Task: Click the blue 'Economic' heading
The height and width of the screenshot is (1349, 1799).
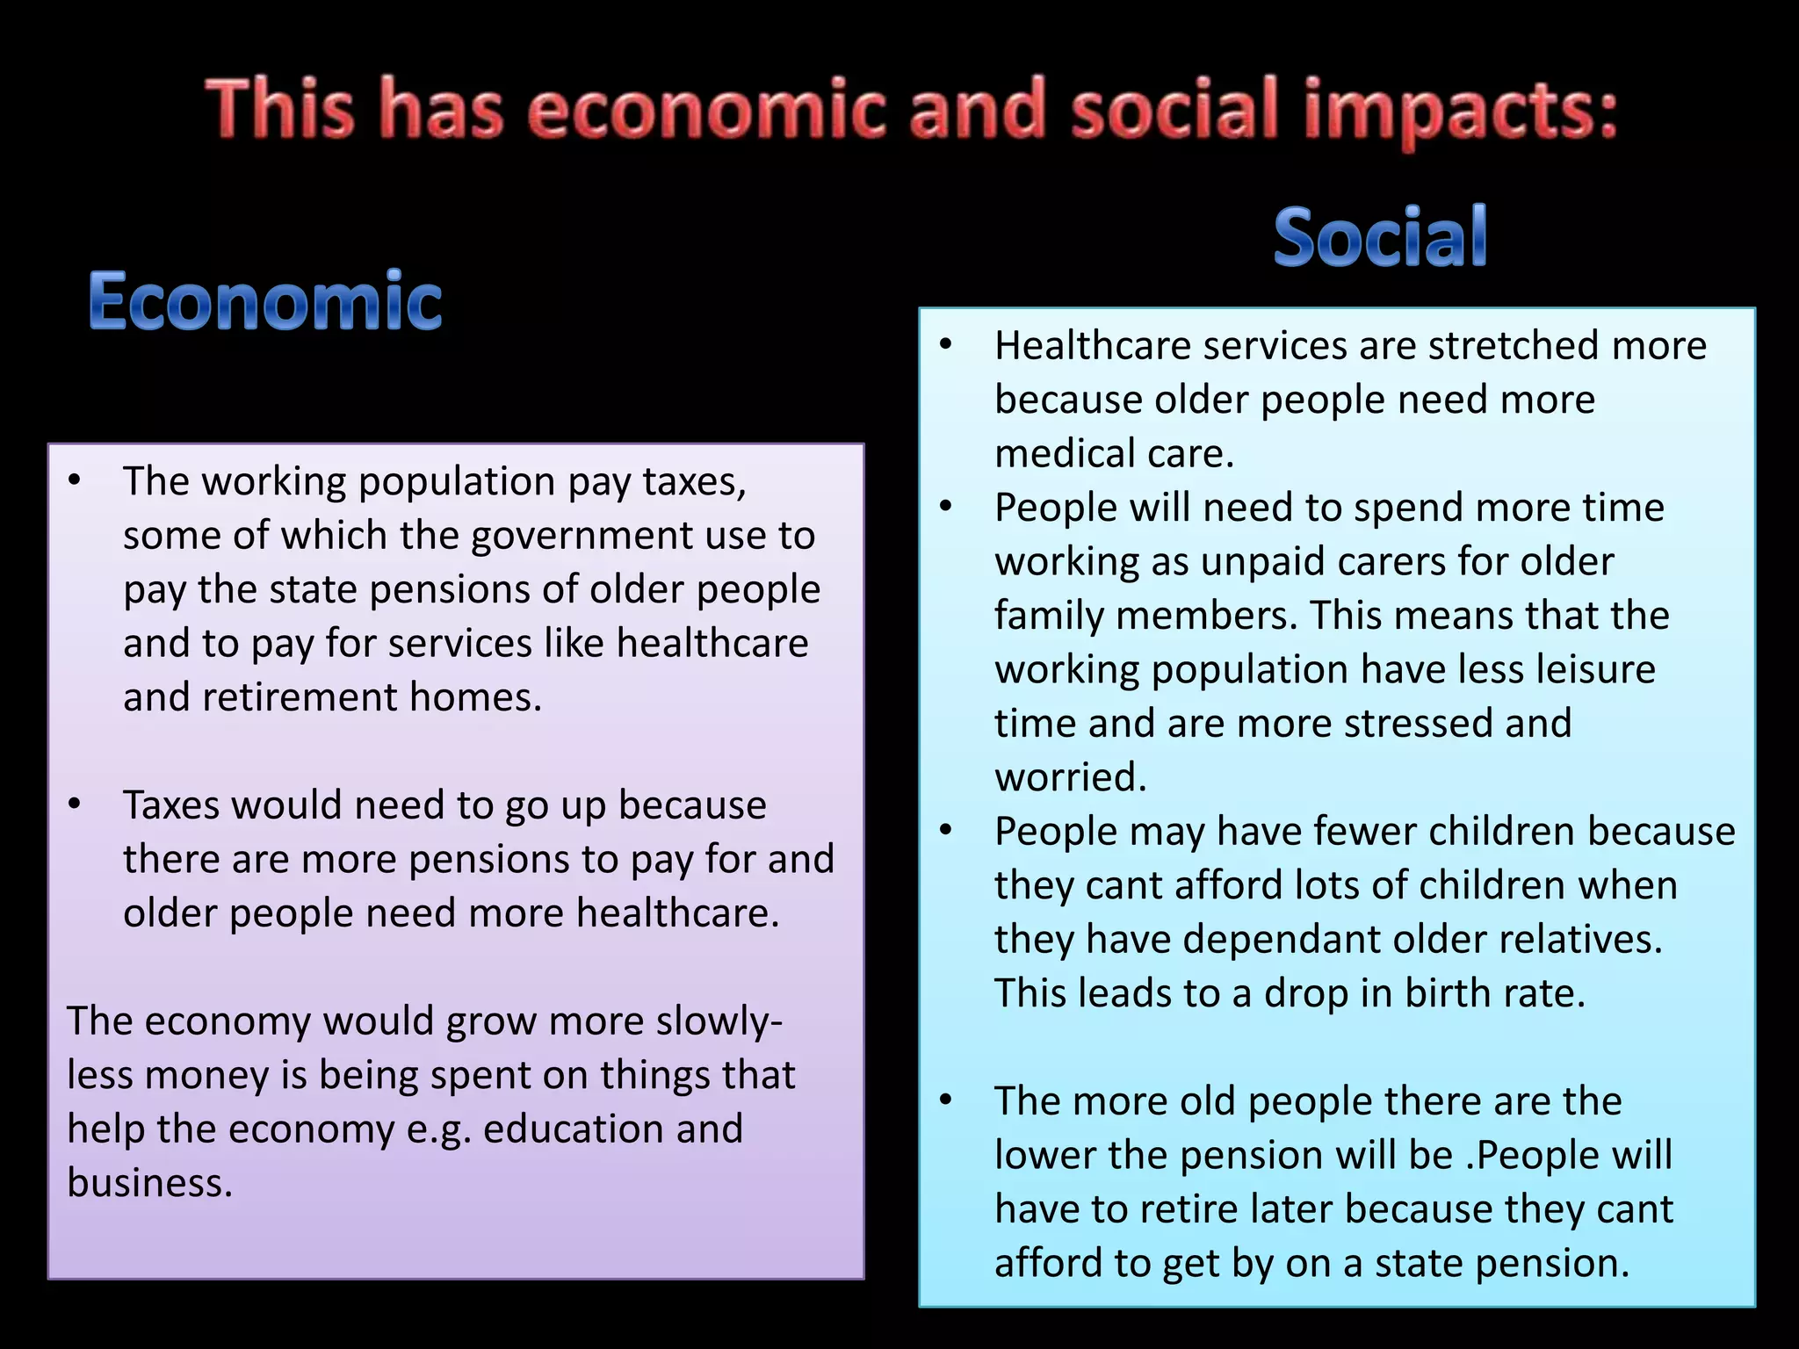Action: (265, 300)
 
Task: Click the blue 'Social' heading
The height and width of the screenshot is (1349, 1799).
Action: (1380, 237)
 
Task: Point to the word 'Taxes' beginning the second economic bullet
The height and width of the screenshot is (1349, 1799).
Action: (170, 804)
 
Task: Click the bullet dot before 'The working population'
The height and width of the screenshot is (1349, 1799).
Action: (75, 480)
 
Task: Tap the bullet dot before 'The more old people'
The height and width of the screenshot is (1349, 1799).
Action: (946, 1100)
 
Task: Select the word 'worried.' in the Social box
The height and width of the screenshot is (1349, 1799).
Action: (1071, 777)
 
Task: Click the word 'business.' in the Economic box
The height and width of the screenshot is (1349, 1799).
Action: (150, 1183)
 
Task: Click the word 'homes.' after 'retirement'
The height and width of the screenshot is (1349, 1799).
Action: (475, 697)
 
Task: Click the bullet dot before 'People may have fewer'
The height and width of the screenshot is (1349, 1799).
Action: (946, 830)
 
